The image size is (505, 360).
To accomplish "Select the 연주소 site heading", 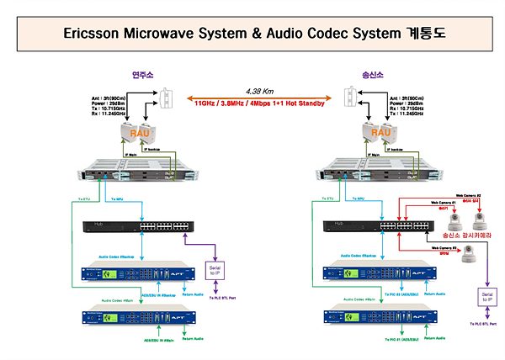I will tap(144, 75).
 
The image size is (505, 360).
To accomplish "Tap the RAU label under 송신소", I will tap(380, 131).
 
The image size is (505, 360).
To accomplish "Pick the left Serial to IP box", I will tap(215, 269).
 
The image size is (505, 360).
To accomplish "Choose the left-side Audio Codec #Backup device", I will tap(136, 274).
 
